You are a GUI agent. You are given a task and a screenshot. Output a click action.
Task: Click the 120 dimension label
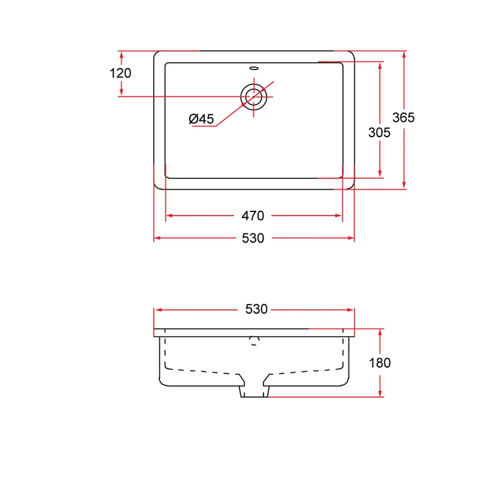tap(120, 73)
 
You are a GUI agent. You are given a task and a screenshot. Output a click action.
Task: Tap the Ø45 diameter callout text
tap(201, 119)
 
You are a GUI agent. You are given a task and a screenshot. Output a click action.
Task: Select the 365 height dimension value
tap(404, 117)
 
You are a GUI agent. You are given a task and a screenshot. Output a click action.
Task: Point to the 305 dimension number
tap(379, 132)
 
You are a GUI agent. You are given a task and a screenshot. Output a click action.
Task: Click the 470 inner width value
tap(253, 216)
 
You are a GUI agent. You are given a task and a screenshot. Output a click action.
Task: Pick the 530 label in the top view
tap(253, 238)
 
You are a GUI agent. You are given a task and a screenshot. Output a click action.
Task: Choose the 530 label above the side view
tap(256, 309)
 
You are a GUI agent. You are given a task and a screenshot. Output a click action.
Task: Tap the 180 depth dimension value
tap(380, 363)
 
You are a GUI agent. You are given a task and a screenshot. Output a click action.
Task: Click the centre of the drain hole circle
tap(253, 96)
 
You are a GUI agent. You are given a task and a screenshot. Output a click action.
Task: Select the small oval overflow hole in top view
tap(254, 68)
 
